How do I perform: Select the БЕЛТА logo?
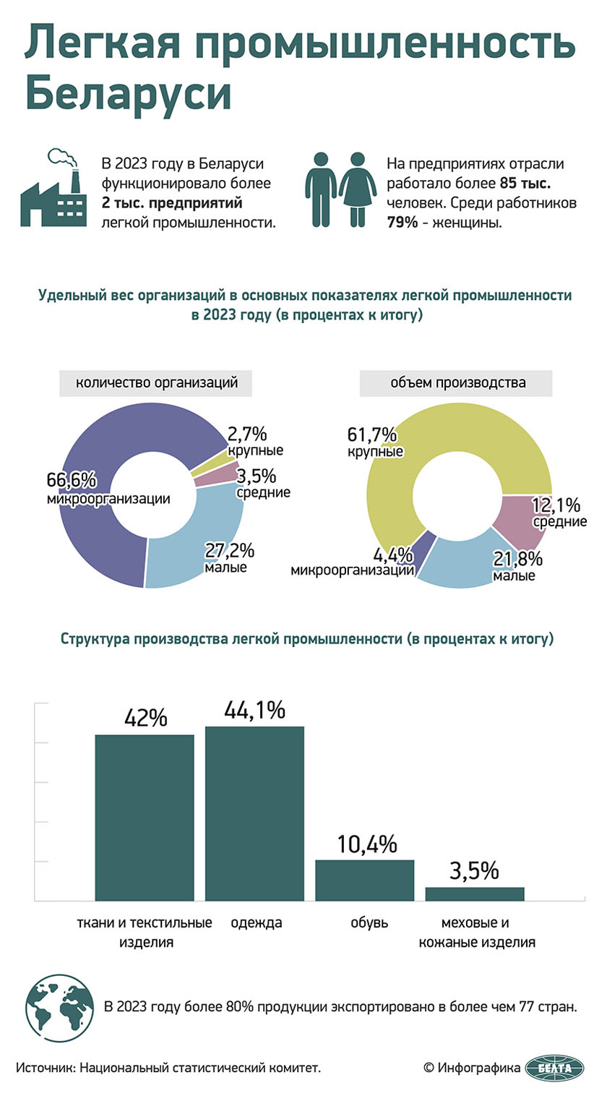[x=554, y=1067]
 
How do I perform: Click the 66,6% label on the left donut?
[x=72, y=481]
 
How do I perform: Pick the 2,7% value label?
[x=247, y=434]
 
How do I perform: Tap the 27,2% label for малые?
[x=229, y=551]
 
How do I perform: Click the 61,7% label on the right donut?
[x=372, y=435]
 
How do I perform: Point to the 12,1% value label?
[x=556, y=505]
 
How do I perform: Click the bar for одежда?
[x=254, y=813]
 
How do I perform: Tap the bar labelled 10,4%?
[x=364, y=880]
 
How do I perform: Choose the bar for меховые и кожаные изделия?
[x=475, y=894]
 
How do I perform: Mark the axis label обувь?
[x=369, y=923]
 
